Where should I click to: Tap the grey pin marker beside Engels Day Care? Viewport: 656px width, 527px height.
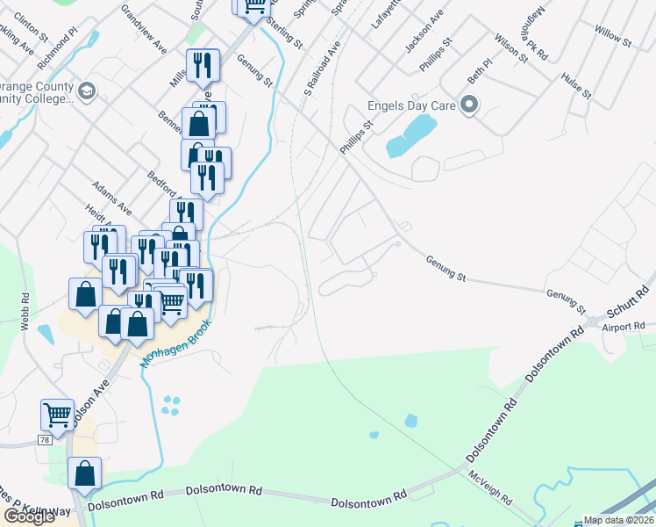point(469,106)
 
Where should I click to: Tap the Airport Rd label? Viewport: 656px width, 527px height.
point(624,327)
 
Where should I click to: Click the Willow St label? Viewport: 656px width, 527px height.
point(613,36)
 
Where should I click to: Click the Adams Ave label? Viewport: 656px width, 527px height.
point(113,198)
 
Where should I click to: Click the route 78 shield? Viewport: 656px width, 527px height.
point(44,438)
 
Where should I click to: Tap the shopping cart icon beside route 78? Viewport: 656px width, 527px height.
point(57,413)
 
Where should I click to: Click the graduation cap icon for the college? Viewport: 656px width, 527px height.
point(86,90)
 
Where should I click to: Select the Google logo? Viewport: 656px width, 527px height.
point(29,516)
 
